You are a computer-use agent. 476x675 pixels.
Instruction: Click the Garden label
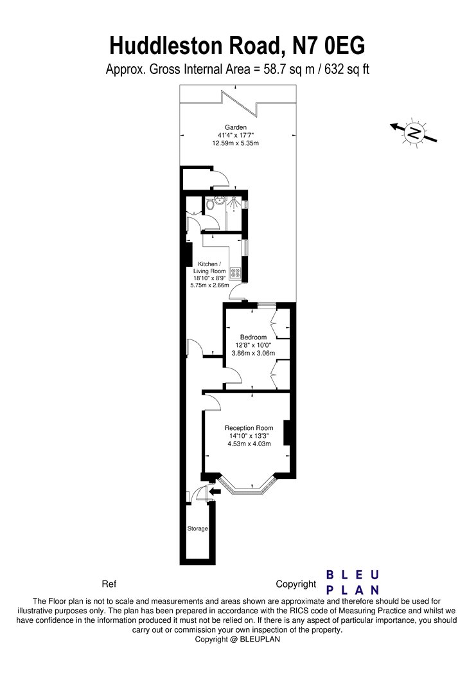click(x=236, y=127)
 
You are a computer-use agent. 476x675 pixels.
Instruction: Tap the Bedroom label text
click(x=253, y=337)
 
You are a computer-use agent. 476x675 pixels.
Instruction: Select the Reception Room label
click(x=249, y=428)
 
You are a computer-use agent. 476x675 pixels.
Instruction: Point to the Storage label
click(x=197, y=528)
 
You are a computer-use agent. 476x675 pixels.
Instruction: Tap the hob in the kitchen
click(x=236, y=272)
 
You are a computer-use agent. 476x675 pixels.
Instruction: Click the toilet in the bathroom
click(x=210, y=204)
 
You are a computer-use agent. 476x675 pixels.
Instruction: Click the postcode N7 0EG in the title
click(x=328, y=46)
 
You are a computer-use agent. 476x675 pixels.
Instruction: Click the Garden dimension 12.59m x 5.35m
click(x=236, y=143)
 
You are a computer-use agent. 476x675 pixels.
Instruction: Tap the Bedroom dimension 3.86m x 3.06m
click(x=253, y=353)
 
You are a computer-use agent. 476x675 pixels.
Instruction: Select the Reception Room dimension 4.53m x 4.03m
click(x=249, y=444)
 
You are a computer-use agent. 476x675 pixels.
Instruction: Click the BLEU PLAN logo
click(x=353, y=582)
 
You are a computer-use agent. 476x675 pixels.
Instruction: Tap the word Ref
click(x=109, y=584)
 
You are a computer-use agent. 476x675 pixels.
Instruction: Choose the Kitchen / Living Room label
click(x=209, y=267)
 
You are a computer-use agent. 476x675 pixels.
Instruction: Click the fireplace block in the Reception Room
click(x=287, y=433)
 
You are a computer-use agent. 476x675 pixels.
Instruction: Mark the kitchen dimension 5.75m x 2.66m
click(x=209, y=285)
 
